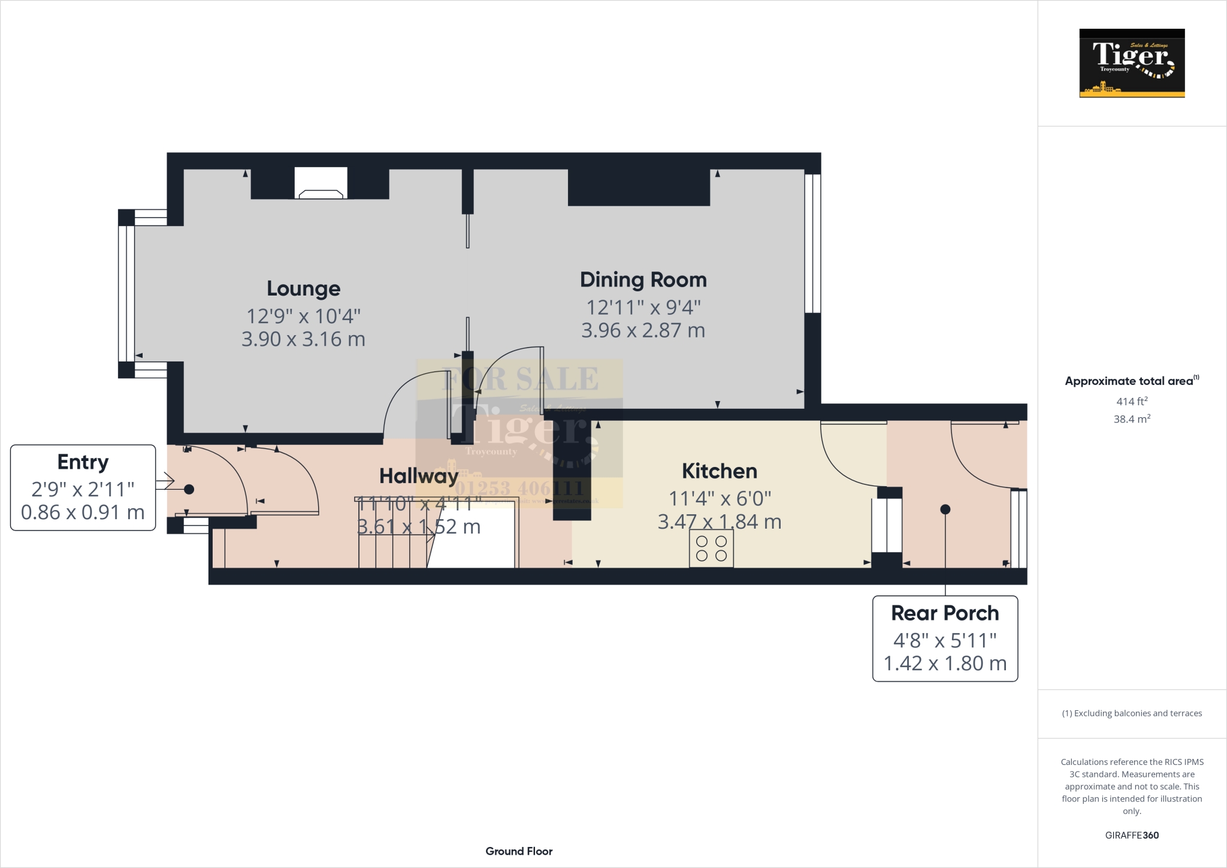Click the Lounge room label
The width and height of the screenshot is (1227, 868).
point(303,288)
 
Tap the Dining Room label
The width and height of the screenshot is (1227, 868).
point(643,279)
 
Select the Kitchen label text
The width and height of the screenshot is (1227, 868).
point(719,471)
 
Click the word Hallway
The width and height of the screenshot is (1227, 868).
point(419,476)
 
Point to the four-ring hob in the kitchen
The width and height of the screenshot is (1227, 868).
point(711,548)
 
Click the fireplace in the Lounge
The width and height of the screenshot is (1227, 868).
point(321,184)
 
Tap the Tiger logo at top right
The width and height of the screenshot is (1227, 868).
point(1132,63)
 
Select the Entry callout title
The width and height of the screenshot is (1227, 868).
point(83,462)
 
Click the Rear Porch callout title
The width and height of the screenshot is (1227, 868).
point(945,613)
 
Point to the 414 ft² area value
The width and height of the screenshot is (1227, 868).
point(1132,401)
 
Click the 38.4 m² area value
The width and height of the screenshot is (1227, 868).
point(1132,419)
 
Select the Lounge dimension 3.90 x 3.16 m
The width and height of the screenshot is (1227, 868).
point(303,339)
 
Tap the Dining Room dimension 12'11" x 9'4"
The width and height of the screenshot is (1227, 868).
point(643,308)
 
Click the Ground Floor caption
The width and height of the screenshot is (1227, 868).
point(519,851)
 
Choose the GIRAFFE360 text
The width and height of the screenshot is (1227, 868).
point(1132,835)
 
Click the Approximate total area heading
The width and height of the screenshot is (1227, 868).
point(1129,381)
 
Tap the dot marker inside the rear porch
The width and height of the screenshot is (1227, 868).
point(945,510)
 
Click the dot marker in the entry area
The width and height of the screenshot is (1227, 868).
point(189,489)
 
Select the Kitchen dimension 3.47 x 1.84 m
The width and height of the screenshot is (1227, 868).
point(719,522)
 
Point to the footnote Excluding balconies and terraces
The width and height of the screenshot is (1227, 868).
point(1132,713)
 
